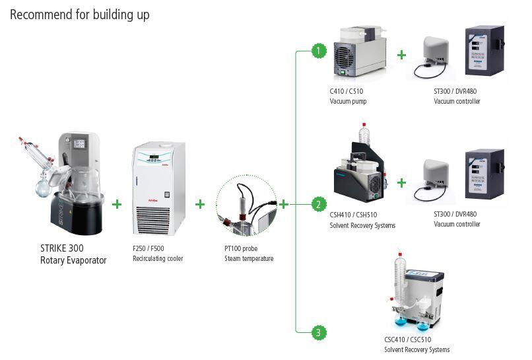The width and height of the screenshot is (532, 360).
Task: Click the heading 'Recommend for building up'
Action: coord(79,14)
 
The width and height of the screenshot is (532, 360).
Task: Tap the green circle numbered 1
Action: coord(319,51)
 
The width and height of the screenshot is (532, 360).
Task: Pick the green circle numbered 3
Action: coord(319,332)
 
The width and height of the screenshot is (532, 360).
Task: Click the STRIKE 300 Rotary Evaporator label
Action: coord(73,254)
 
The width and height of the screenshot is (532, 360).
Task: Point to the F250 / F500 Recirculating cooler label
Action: coord(158,254)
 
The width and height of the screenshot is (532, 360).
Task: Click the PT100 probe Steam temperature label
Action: coord(249,254)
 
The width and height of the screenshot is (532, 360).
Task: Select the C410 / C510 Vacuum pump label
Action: coord(348,96)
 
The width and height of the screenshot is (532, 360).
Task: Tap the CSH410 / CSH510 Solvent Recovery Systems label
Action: coord(362,220)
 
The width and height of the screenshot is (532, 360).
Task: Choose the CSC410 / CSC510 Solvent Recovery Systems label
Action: coord(417,344)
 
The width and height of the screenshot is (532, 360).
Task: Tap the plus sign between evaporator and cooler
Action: coord(117,204)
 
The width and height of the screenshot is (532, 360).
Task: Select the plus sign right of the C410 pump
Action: coord(401,55)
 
